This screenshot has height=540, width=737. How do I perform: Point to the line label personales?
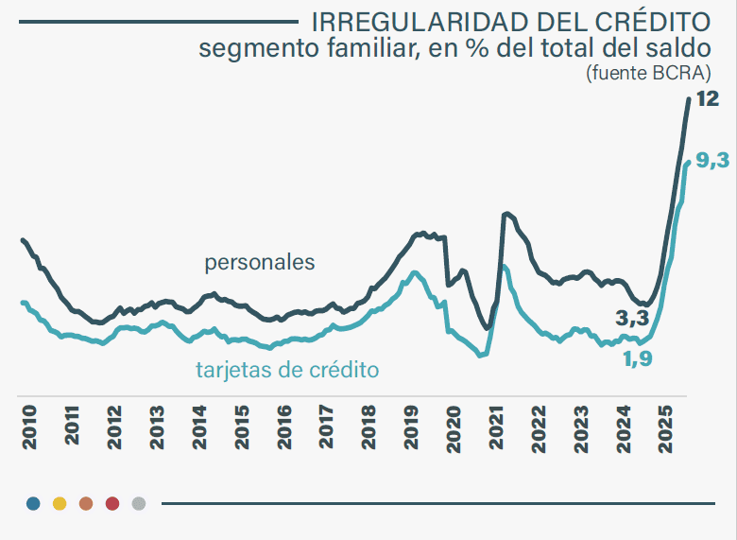tap(260, 262)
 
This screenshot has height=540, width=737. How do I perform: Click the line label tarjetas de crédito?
tap(287, 370)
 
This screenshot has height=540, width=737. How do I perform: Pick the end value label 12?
tap(707, 99)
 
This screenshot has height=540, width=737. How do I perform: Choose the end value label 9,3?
tap(711, 161)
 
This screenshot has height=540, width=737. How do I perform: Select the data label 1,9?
tap(638, 358)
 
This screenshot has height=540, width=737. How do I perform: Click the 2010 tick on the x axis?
tap(29, 427)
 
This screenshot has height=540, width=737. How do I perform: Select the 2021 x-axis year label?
tap(497, 427)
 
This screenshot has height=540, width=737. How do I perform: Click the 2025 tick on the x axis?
tap(667, 427)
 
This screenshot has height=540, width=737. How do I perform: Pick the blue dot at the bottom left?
tap(34, 503)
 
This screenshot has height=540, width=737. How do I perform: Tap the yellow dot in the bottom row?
tap(60, 503)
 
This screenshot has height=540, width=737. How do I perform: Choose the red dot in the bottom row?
tap(112, 503)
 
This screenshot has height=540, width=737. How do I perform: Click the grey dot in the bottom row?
tap(139, 503)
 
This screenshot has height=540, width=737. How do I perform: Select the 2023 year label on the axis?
tap(582, 427)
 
